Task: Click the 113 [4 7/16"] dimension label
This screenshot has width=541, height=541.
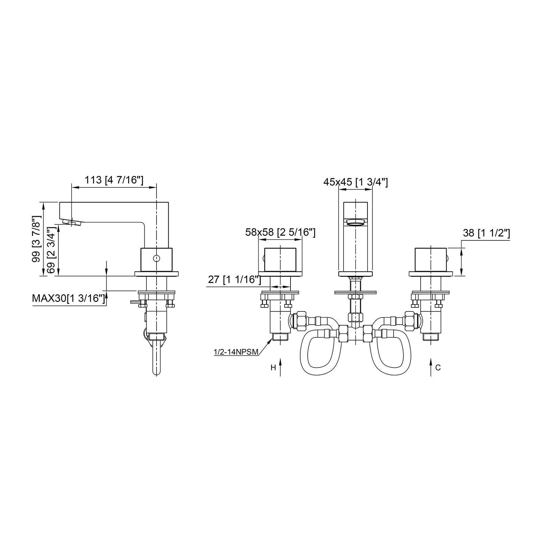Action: [114, 180]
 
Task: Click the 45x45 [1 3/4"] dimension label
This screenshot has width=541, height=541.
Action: [355, 182]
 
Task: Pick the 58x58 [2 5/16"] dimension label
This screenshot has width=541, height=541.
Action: [280, 232]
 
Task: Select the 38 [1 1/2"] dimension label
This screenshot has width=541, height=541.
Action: [486, 233]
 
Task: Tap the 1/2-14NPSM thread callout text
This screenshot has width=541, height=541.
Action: [236, 352]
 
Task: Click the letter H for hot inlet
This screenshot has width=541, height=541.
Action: [273, 368]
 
